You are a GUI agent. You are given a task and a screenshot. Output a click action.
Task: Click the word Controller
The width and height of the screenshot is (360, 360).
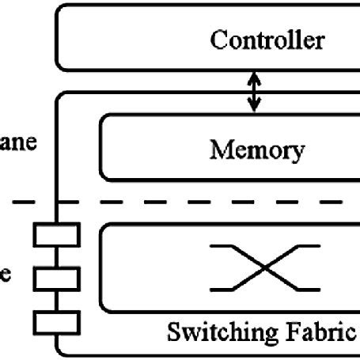[x=266, y=40]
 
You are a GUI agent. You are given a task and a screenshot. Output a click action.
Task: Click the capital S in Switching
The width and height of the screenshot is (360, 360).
[x=173, y=332]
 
